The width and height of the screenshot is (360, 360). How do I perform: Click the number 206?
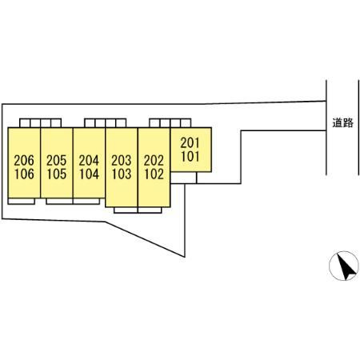[x=24, y=161]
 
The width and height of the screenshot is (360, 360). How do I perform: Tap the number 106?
[x=24, y=174]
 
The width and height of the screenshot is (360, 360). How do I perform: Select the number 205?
[x=56, y=161]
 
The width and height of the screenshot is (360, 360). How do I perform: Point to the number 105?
[x=56, y=174]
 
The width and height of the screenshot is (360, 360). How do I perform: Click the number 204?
[x=89, y=161]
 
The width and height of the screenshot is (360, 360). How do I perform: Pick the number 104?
[x=89, y=174]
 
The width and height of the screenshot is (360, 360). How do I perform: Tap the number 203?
[x=122, y=161]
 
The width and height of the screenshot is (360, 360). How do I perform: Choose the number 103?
[x=122, y=174]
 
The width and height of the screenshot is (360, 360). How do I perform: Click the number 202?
[x=154, y=161]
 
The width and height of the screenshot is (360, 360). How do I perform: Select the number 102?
[x=154, y=174]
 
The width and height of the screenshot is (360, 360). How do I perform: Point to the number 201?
[x=190, y=143]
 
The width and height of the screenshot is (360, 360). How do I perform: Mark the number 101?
[x=190, y=157]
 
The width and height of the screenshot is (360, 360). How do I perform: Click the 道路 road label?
[x=342, y=122]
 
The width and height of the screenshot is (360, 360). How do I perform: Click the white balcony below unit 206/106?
[x=22, y=202]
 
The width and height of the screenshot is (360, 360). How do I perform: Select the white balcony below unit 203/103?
[x=126, y=210]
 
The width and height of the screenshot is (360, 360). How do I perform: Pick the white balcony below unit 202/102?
[x=150, y=210]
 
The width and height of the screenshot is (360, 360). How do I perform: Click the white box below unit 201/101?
[x=184, y=178]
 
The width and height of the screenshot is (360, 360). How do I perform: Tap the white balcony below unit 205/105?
[x=59, y=202]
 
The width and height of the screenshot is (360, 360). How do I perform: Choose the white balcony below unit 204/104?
[x=86, y=202]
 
